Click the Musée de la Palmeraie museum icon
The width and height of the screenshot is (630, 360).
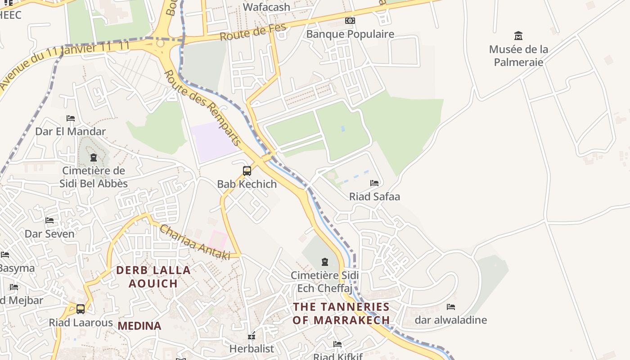[x=518, y=36]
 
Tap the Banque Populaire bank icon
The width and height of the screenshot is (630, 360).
[x=350, y=21]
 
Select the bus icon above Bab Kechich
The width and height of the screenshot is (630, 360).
[x=247, y=171]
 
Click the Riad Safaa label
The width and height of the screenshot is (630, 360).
[x=374, y=197]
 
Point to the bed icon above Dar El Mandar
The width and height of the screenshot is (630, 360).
[x=71, y=118]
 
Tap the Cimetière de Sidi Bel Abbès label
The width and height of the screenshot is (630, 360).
[x=94, y=177]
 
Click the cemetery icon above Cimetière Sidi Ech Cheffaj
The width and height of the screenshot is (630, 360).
[x=324, y=262]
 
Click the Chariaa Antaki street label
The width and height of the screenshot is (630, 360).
[x=195, y=242]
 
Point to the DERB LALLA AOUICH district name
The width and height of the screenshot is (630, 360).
[x=153, y=277]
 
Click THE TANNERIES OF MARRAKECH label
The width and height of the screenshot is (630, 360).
[x=341, y=313]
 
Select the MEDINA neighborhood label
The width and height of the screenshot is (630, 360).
[x=139, y=326]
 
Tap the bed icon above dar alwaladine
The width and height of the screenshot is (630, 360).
[x=450, y=307]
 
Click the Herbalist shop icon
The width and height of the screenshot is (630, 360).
[x=252, y=336]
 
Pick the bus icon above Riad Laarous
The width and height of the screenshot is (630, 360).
[x=81, y=309]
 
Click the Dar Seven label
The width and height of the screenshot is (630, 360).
[x=49, y=234]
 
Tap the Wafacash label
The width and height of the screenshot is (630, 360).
[x=266, y=7]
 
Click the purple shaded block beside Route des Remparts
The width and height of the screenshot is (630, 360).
[x=212, y=142]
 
